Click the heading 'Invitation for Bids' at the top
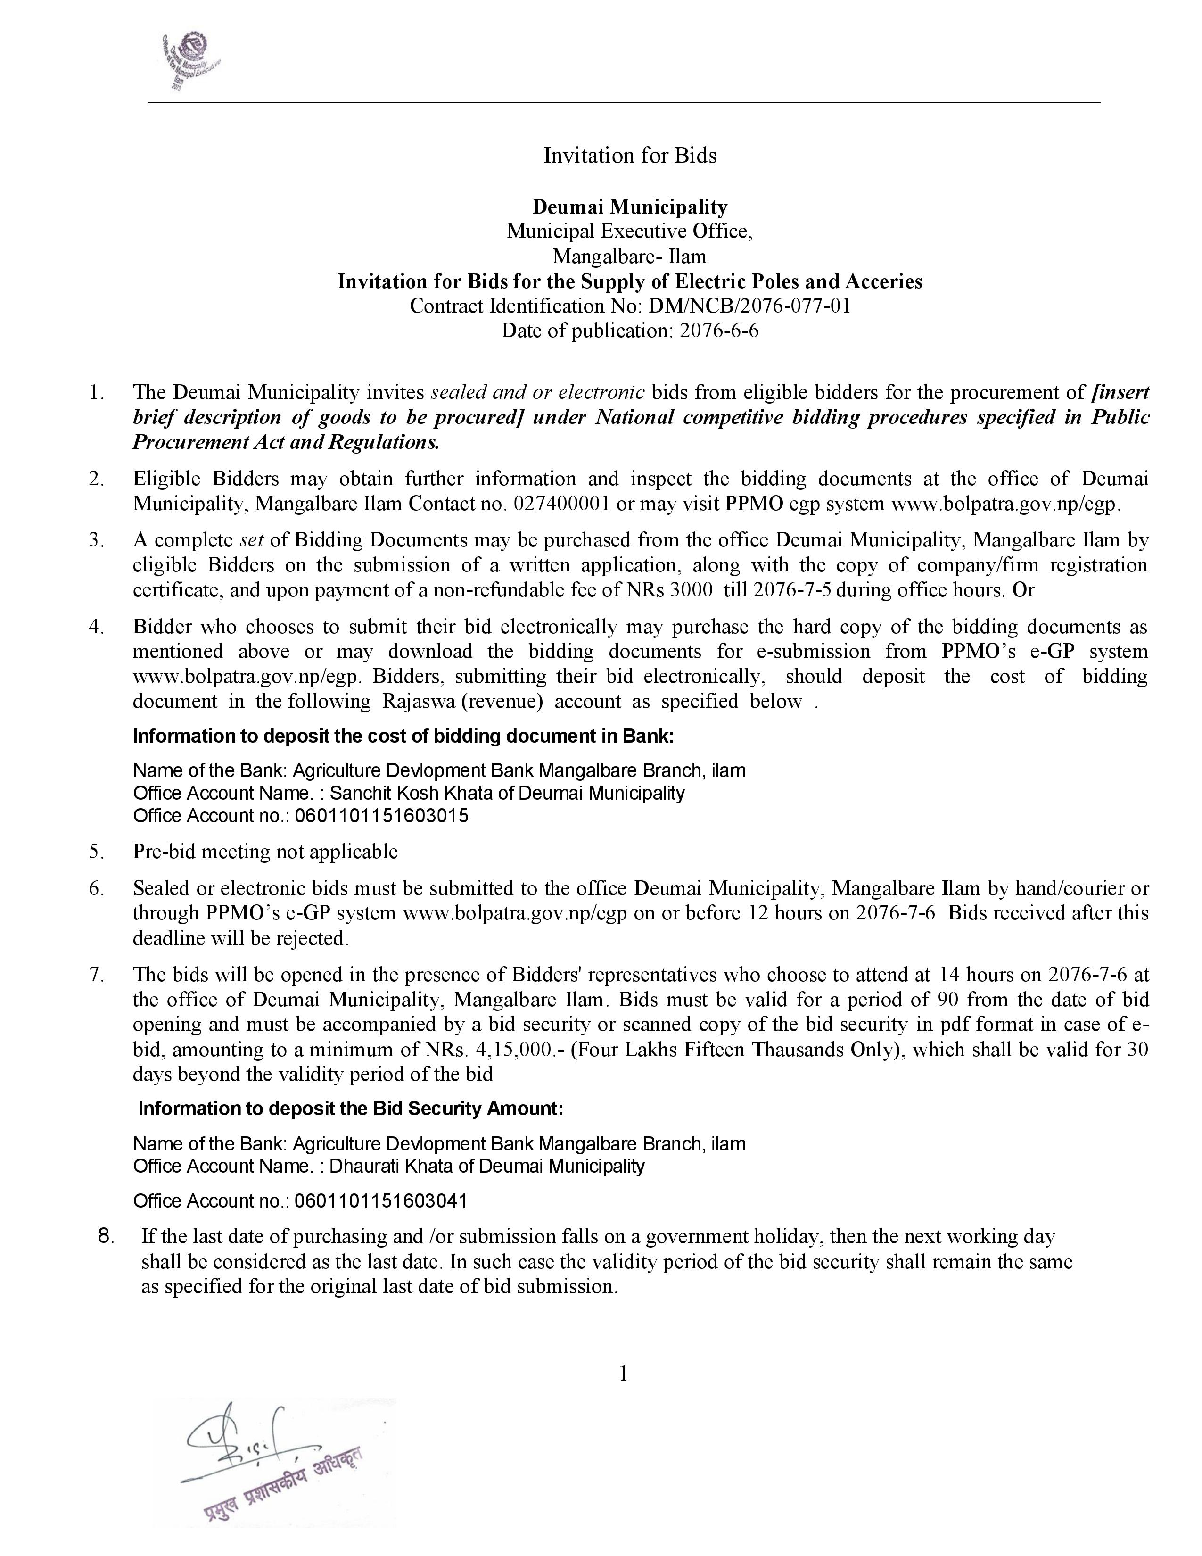click(x=629, y=155)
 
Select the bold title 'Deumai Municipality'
click(x=629, y=207)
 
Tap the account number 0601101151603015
click(x=381, y=816)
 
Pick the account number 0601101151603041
click(x=380, y=1201)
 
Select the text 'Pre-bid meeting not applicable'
click(x=265, y=852)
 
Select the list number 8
click(x=106, y=1236)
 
